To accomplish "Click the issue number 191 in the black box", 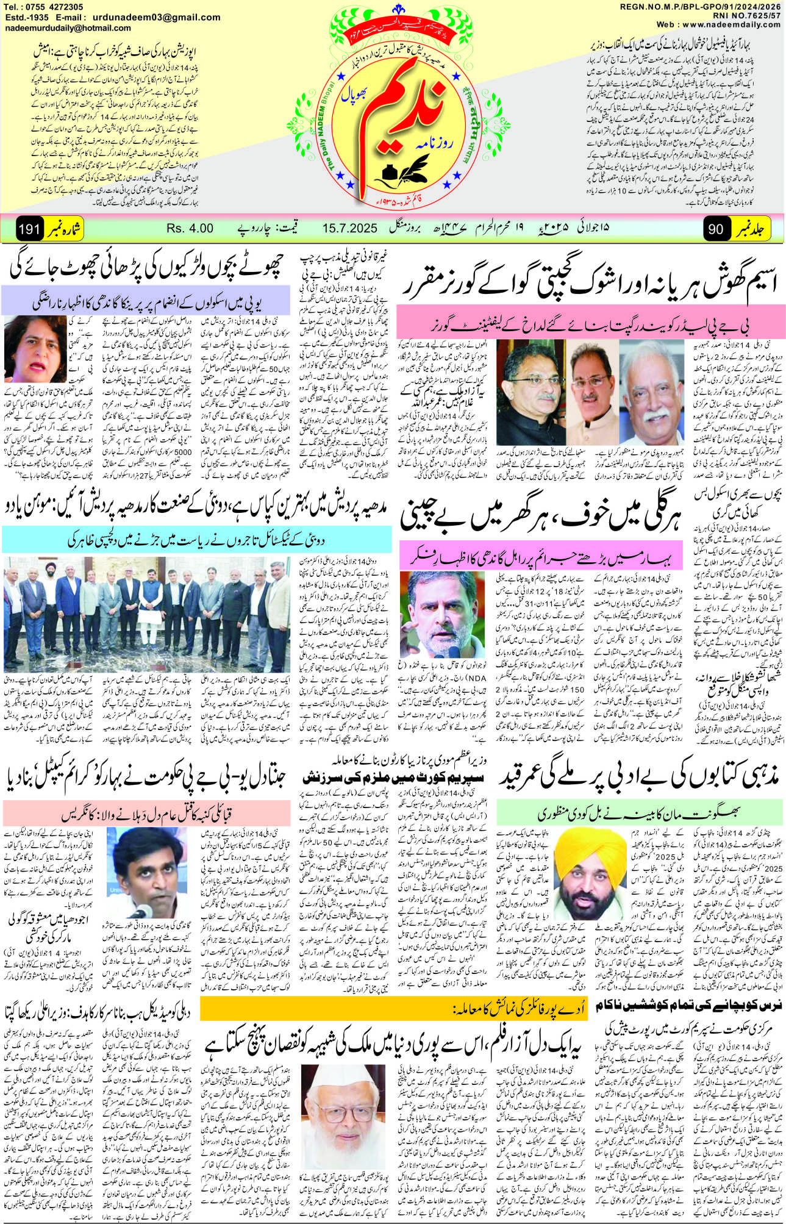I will (x=29, y=229).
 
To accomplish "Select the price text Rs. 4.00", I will (x=190, y=229).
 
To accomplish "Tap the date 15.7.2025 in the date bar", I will (x=350, y=229).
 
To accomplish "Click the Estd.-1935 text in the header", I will (x=28, y=17).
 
